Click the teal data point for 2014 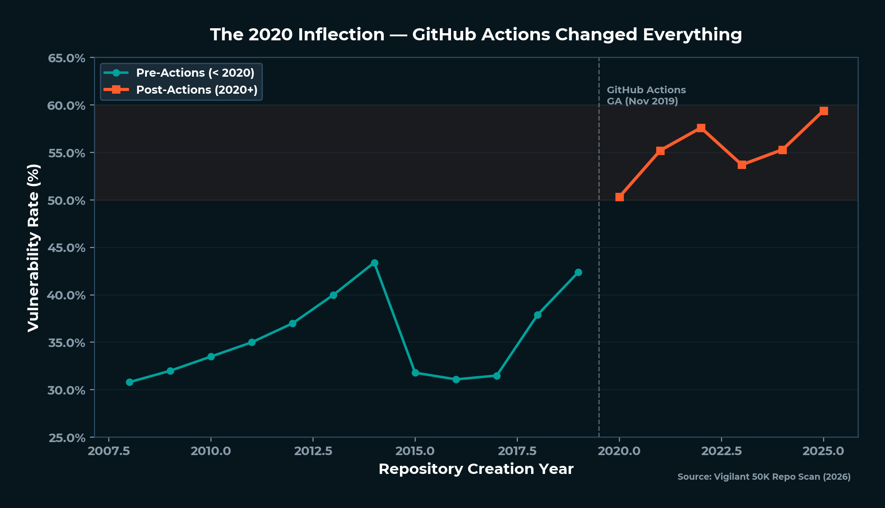(x=374, y=263)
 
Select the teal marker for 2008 (x=129, y=382)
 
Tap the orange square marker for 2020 (x=619, y=197)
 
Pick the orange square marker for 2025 (x=823, y=111)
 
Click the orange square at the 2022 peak (x=701, y=128)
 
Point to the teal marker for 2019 (x=578, y=272)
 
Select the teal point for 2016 (x=456, y=379)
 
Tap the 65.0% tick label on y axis (x=66, y=58)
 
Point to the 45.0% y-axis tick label (x=66, y=248)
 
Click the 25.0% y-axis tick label (x=66, y=438)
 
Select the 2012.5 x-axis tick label (x=313, y=451)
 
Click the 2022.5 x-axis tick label (x=721, y=451)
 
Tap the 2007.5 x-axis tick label (x=109, y=451)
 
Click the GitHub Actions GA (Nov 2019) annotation (x=646, y=96)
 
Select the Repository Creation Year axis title (x=476, y=469)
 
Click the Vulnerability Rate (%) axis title (x=34, y=248)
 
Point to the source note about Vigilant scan (x=764, y=477)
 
